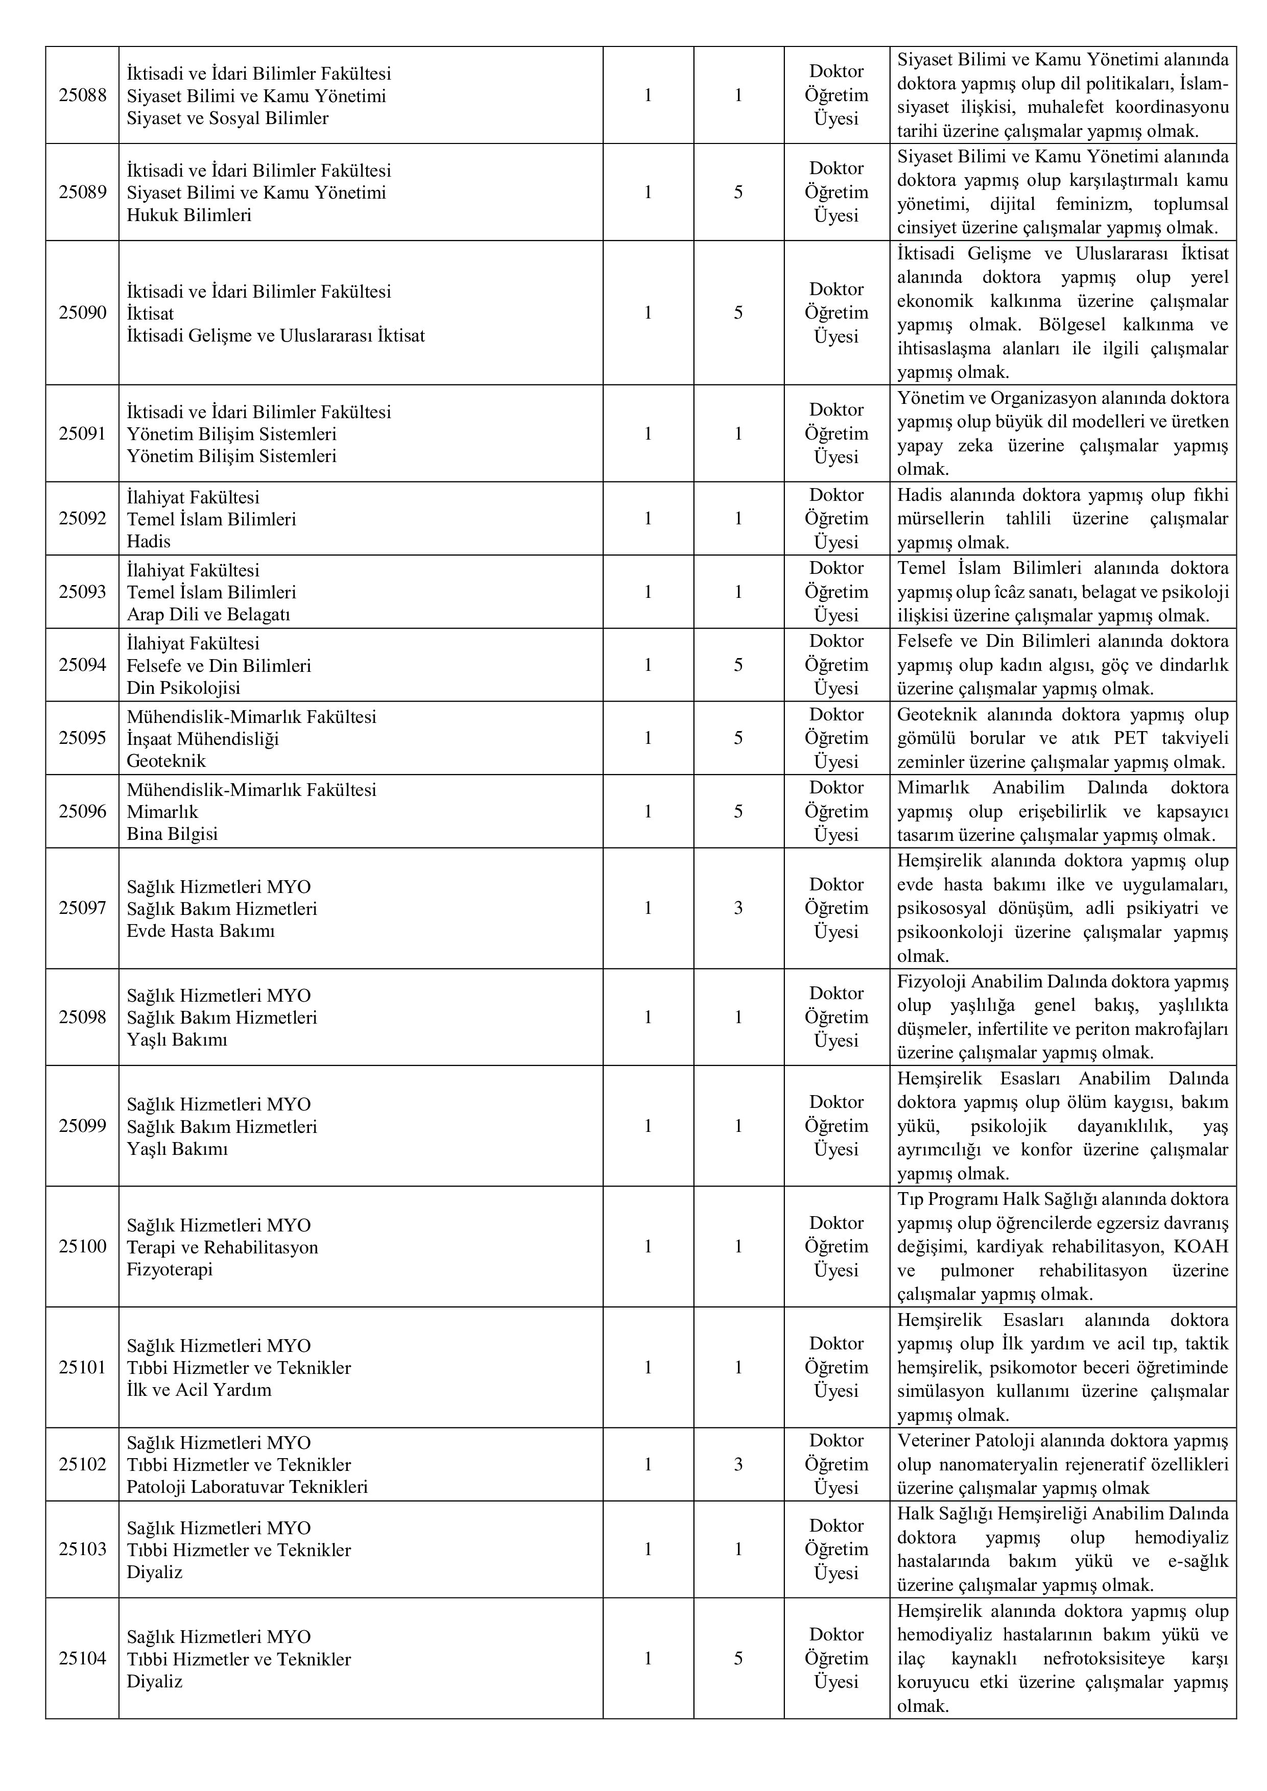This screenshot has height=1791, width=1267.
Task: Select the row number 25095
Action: (82, 738)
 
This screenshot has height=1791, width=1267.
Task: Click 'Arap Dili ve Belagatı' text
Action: (208, 615)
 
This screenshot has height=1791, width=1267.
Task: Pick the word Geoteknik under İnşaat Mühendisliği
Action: (166, 761)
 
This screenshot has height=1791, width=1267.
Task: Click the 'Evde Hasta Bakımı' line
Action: (201, 931)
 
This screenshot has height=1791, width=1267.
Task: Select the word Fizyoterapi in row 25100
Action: (170, 1269)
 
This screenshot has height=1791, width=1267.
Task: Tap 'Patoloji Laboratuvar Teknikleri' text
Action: (247, 1487)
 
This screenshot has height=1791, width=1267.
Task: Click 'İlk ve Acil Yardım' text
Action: (199, 1389)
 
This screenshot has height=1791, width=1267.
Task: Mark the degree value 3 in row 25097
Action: (738, 908)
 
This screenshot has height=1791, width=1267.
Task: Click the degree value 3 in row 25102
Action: (738, 1464)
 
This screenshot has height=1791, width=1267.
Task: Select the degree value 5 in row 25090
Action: (738, 313)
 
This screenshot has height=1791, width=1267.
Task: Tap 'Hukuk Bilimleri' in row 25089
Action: (189, 215)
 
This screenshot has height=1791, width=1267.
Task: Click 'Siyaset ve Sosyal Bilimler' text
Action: (227, 118)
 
